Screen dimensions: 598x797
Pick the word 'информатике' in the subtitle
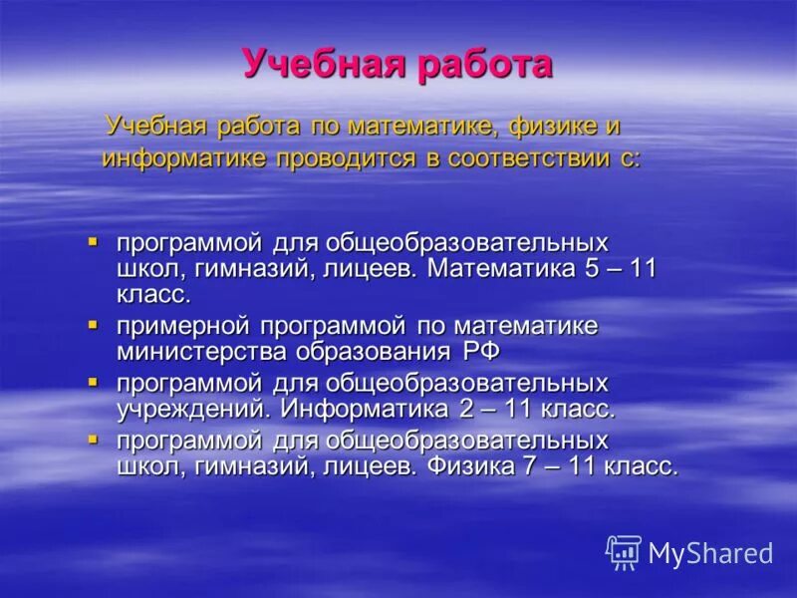(x=186, y=157)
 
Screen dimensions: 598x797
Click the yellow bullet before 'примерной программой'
(x=93, y=325)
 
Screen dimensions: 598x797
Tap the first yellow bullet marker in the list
(x=93, y=242)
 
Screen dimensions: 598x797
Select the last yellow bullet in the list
(x=93, y=439)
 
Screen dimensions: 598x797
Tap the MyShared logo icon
(x=624, y=552)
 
